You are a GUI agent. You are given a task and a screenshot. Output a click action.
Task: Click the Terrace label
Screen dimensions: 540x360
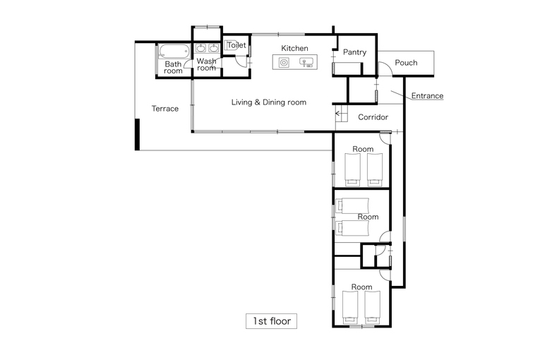(x=165, y=109)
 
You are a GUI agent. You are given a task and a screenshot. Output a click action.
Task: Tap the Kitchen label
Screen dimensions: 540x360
(x=294, y=48)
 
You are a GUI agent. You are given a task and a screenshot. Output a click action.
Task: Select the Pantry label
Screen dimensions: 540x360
(x=355, y=52)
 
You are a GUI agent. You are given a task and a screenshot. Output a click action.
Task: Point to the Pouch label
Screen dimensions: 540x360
(x=406, y=63)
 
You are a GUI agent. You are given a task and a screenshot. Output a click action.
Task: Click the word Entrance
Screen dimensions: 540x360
(x=427, y=96)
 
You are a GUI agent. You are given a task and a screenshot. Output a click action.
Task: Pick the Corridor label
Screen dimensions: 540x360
(x=373, y=117)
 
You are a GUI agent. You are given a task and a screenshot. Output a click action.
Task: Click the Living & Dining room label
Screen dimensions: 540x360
(x=269, y=102)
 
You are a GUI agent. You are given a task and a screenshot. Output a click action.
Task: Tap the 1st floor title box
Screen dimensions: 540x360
(x=271, y=321)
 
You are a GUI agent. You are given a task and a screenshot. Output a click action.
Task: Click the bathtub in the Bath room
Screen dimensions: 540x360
(x=174, y=52)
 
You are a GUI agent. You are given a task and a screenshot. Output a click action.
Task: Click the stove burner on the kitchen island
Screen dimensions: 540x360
(x=284, y=63)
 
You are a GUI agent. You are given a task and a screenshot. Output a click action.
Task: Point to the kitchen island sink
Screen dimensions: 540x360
(x=306, y=62)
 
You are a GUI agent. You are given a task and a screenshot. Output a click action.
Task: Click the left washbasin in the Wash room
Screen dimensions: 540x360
(x=200, y=48)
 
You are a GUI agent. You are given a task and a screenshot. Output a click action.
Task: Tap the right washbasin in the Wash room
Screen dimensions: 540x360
(x=213, y=48)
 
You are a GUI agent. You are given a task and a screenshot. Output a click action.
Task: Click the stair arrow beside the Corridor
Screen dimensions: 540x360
(x=341, y=113)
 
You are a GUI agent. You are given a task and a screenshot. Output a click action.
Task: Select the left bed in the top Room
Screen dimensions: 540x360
(x=353, y=170)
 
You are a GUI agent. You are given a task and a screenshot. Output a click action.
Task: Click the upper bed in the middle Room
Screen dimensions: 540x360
(x=352, y=205)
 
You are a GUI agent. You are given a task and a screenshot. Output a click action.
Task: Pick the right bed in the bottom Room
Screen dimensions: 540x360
(x=373, y=307)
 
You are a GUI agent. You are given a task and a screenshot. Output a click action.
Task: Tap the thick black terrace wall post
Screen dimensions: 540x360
(x=137, y=134)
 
